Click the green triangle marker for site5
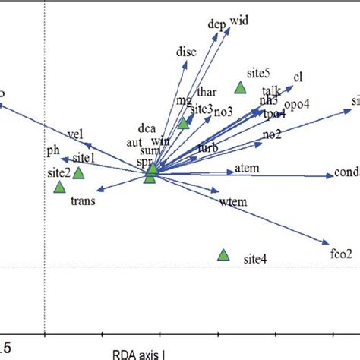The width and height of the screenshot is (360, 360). point(240,88)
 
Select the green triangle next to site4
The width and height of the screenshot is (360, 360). point(223,255)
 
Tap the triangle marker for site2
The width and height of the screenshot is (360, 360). point(60,186)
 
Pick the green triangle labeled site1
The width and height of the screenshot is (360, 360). point(78,172)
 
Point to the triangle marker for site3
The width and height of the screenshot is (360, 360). point(183,123)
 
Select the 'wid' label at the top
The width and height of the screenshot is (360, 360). point(238,21)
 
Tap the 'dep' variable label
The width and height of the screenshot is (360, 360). point(216,24)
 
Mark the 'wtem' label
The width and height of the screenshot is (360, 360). point(229,201)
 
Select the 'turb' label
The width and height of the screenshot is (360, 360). point(208,147)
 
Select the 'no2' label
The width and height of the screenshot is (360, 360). point(272,134)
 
